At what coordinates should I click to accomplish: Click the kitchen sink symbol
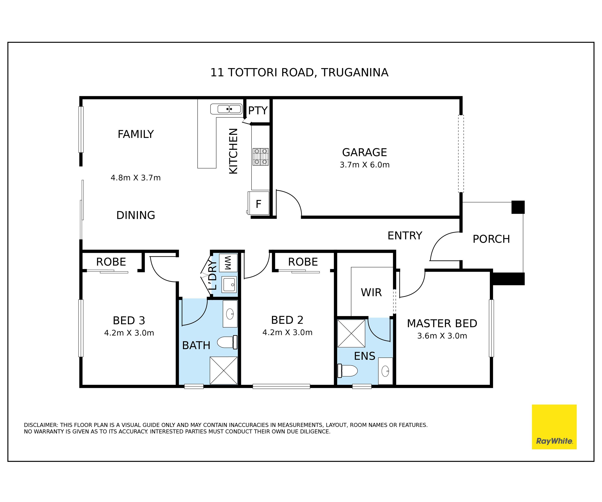point(227,109)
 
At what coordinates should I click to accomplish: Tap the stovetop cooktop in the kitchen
point(261,157)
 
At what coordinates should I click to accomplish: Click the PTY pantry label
point(258,110)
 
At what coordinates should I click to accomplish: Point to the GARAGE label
point(364,152)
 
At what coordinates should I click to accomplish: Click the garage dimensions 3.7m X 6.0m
point(365,165)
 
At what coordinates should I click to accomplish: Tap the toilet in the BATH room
point(227,342)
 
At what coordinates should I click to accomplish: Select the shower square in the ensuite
point(351,333)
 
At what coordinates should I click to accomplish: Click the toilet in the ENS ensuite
point(348,371)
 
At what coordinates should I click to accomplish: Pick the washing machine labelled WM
point(228,263)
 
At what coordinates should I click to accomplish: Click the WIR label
point(371,293)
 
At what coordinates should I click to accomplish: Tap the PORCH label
point(491,239)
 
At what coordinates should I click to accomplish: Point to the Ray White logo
point(554,427)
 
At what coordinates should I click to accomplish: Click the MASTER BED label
point(442,323)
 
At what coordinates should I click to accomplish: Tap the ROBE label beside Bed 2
point(303,262)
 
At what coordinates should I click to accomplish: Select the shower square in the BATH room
point(224,370)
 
